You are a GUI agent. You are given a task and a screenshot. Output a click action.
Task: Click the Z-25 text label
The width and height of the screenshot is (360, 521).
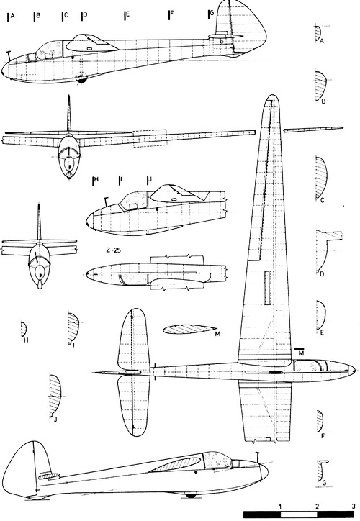tap(113, 250)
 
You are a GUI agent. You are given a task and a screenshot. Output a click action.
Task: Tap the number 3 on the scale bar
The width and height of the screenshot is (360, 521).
tap(353, 507)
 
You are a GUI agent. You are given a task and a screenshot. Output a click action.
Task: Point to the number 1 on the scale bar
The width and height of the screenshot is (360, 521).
tap(281, 507)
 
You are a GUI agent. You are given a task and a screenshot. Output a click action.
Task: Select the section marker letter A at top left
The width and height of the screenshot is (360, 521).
tap(13, 15)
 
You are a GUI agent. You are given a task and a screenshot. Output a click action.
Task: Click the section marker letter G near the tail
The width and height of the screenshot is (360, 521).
tap(212, 13)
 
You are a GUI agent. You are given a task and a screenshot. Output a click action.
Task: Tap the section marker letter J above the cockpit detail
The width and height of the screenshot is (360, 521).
tap(150, 179)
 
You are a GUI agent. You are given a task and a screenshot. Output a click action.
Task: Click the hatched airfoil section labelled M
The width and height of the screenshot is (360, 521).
tap(189, 330)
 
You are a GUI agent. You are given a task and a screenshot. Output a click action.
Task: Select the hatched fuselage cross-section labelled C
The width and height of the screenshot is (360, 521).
tap(321, 178)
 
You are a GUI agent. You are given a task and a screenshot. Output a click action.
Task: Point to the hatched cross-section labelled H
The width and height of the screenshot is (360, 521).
tap(23, 330)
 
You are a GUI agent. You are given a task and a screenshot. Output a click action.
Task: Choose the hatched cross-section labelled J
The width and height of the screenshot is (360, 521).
tap(55, 395)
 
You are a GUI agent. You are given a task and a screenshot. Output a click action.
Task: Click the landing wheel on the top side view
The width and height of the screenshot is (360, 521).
tap(81, 78)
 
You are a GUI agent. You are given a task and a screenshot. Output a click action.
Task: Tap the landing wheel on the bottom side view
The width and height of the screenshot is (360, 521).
tap(191, 495)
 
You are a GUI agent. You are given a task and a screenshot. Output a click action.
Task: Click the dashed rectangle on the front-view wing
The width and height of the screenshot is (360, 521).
tap(150, 138)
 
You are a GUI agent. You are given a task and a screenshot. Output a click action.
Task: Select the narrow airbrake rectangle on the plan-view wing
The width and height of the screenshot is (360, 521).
tap(267, 288)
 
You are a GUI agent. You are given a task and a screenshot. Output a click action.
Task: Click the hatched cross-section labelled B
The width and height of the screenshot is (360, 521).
tap(320, 86)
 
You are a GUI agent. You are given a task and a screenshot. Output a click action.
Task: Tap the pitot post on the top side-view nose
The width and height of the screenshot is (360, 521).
tap(9, 56)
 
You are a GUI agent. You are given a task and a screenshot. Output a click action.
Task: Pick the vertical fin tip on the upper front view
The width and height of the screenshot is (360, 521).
tap(69, 96)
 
